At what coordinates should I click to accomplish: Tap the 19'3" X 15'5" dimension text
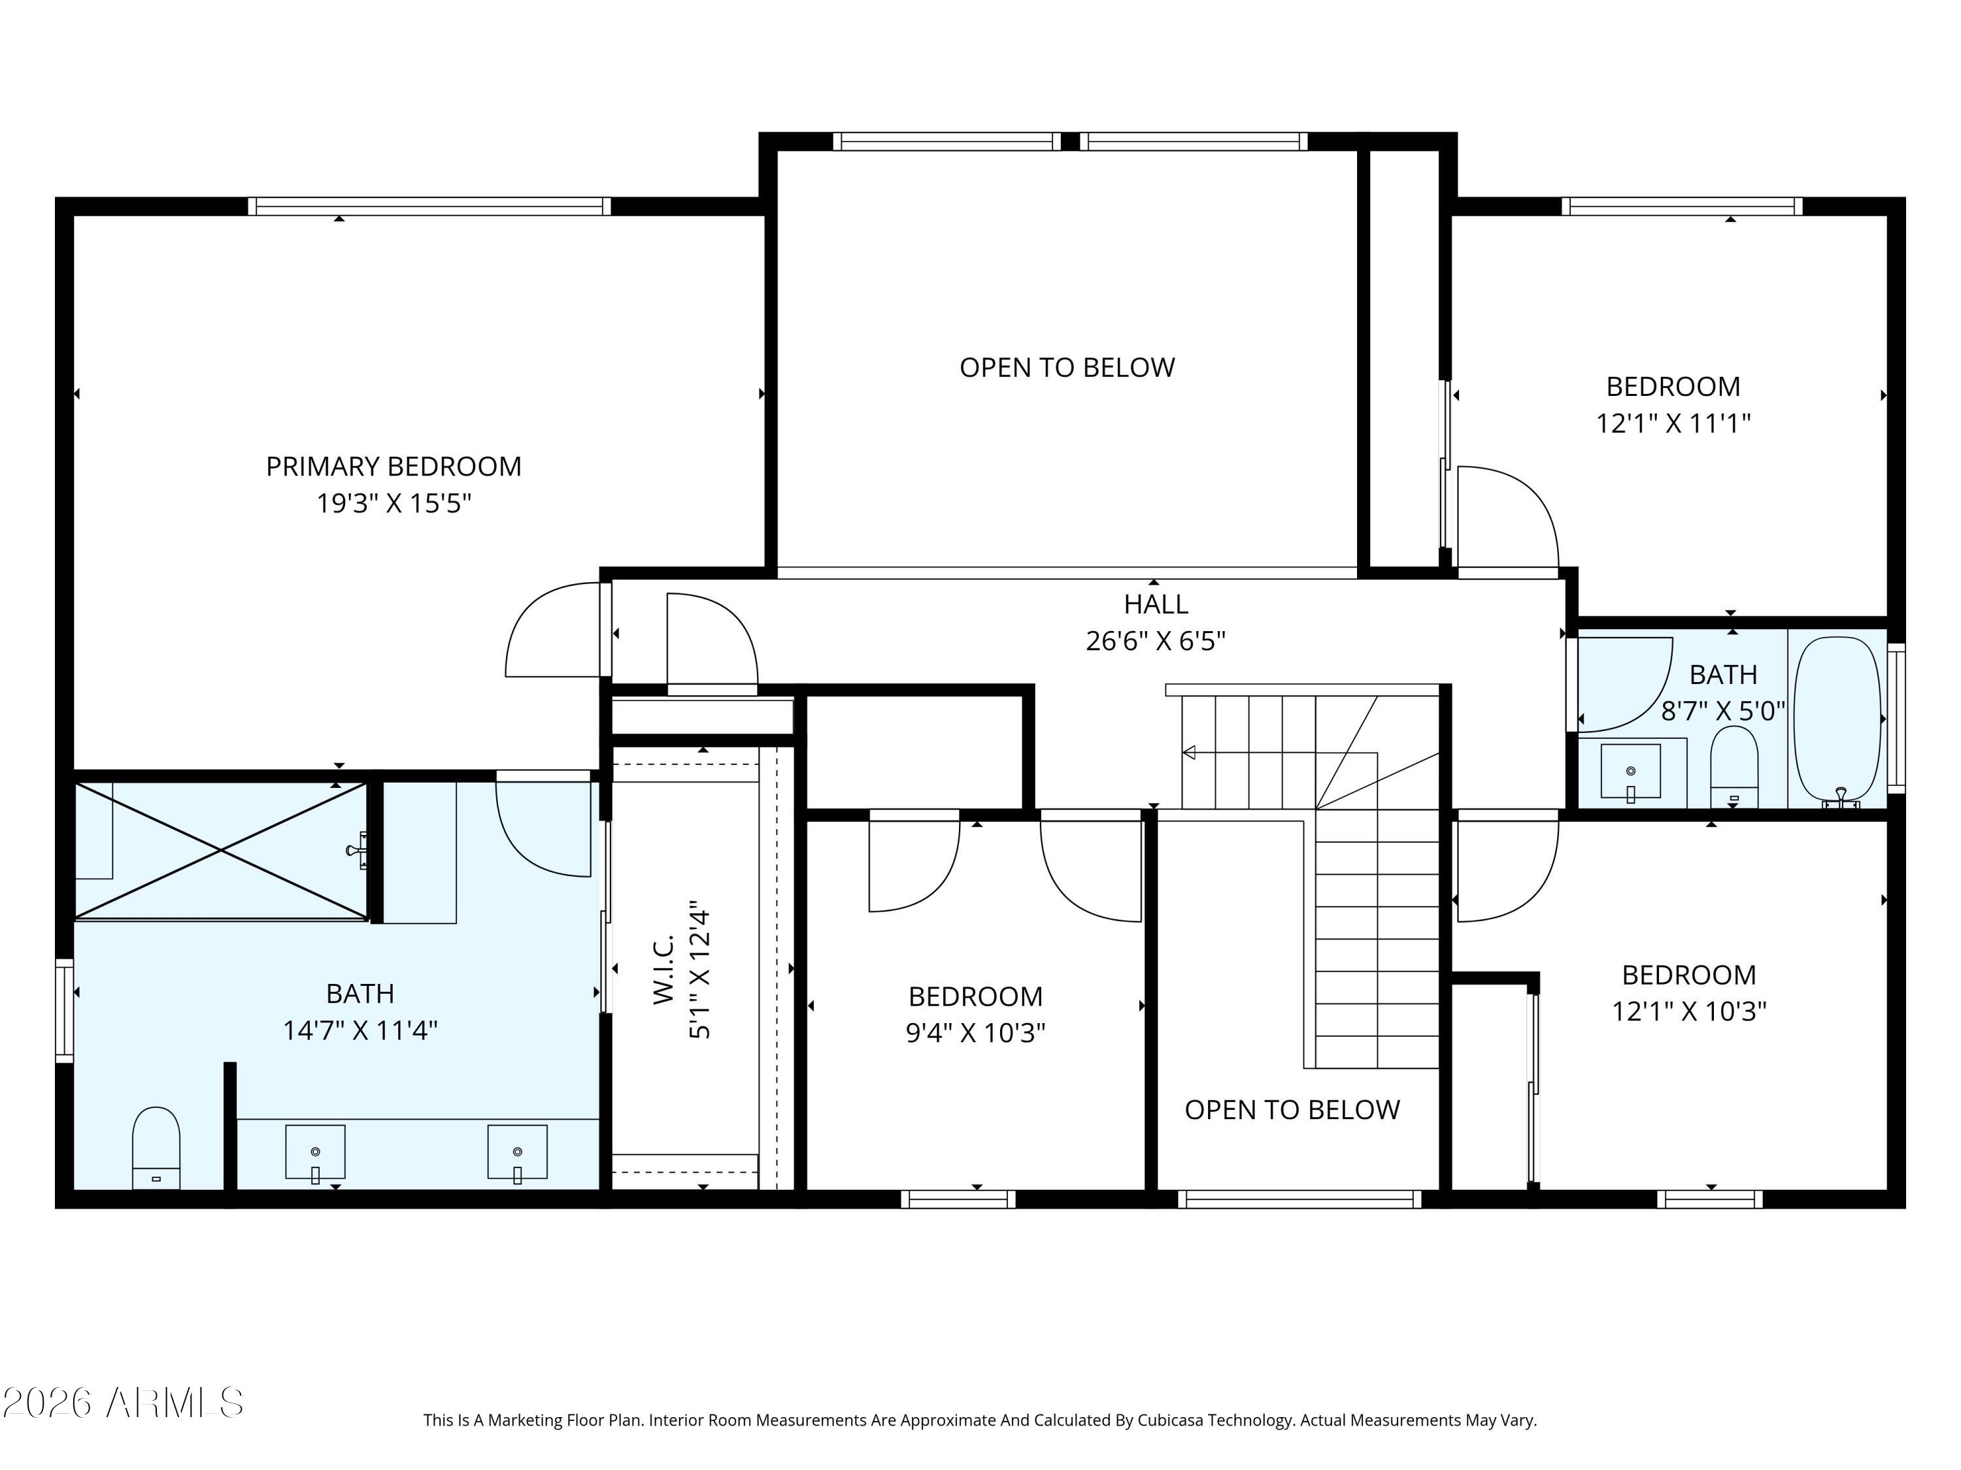394,503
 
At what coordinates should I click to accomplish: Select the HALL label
1155,604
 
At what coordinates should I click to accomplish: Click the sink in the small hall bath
1630,771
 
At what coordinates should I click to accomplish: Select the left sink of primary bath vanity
314,1152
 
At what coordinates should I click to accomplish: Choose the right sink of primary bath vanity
517,1152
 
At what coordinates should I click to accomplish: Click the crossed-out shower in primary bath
221,851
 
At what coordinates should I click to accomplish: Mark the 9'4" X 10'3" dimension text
975,1033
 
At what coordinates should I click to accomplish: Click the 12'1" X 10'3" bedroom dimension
1689,1012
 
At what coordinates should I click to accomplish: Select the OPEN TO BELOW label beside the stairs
1292,1109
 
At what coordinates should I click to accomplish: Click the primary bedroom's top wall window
429,206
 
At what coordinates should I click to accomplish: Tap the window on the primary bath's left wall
64,1010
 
